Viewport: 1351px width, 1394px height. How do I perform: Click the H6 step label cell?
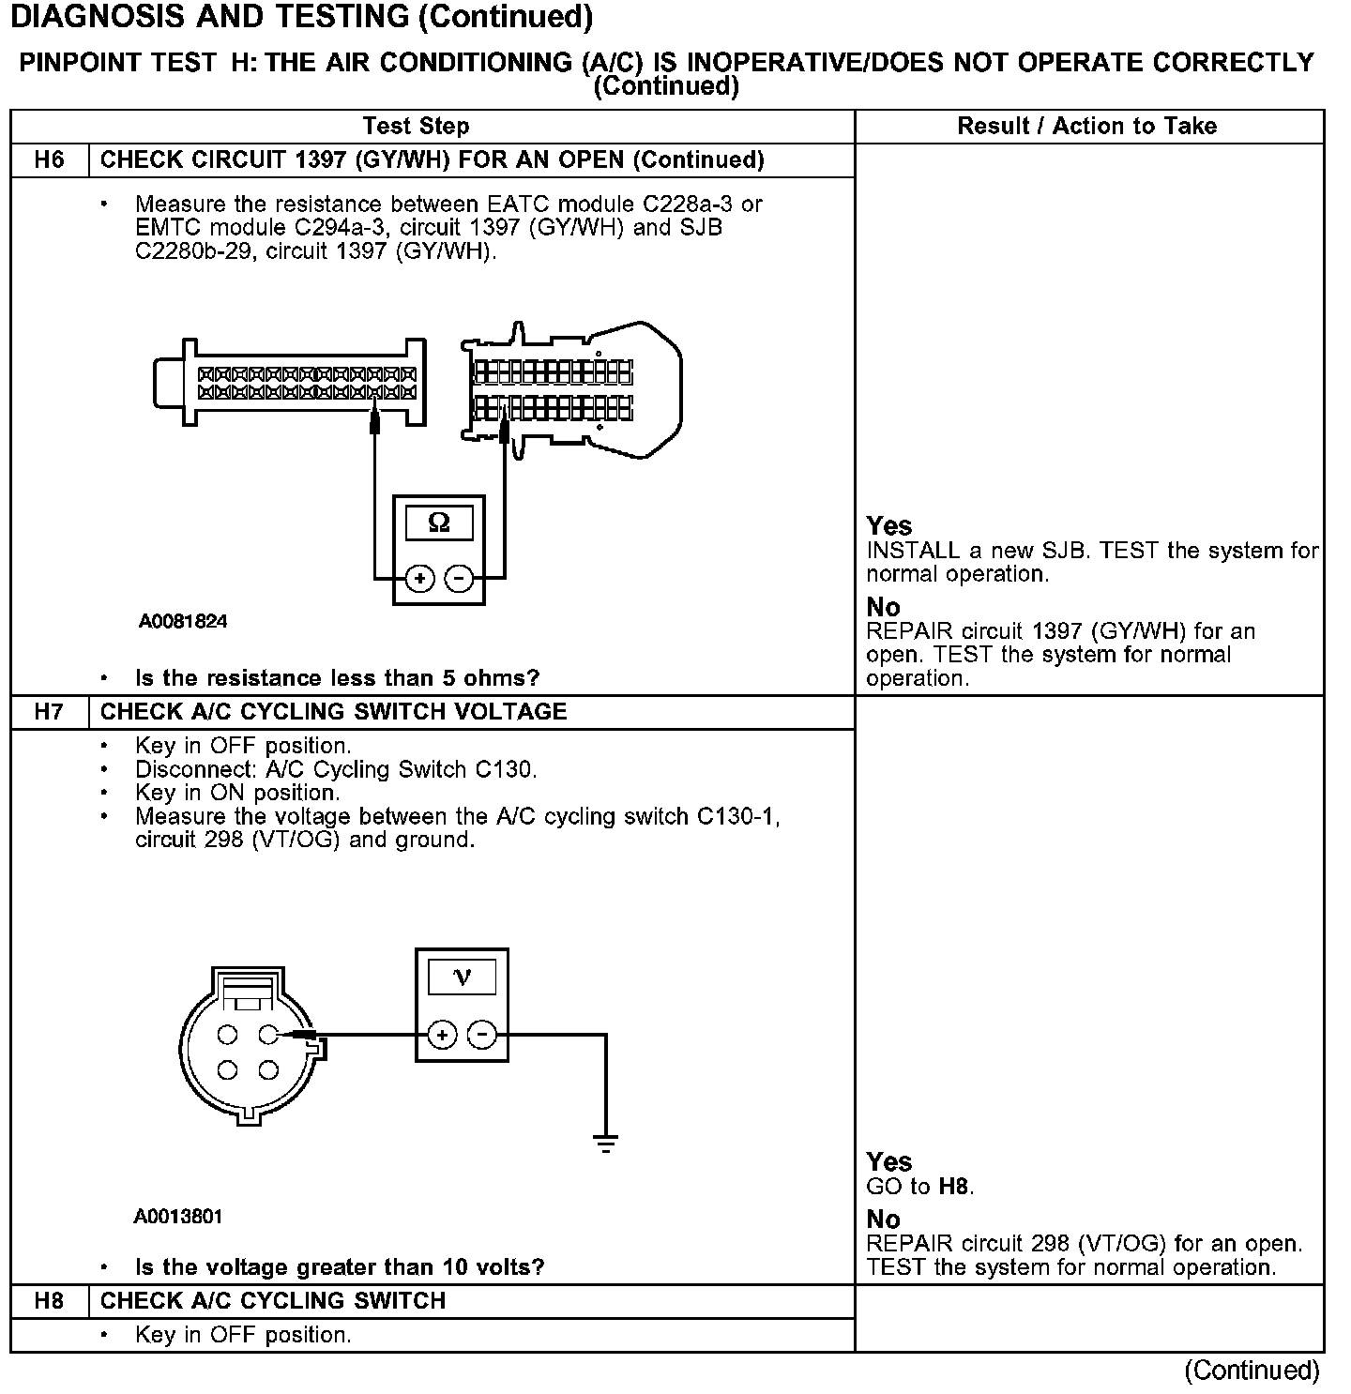click(x=49, y=160)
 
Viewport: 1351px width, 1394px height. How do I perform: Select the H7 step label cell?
click(x=49, y=712)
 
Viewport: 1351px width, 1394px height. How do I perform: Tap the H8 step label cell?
click(x=49, y=1301)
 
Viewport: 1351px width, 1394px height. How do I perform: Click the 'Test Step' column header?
click(x=416, y=127)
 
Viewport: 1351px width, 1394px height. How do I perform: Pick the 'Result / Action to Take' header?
click(x=1086, y=127)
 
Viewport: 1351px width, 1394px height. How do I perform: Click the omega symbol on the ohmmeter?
click(x=438, y=523)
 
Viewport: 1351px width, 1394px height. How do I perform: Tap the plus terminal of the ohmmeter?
click(x=419, y=579)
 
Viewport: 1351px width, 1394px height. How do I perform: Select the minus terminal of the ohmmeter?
click(x=459, y=579)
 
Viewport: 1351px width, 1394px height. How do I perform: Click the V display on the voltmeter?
click(x=462, y=977)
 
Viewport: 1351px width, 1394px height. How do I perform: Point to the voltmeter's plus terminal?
click(x=442, y=1036)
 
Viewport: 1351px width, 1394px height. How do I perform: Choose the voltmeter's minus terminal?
click(x=482, y=1036)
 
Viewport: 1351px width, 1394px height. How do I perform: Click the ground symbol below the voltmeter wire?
click(x=606, y=1144)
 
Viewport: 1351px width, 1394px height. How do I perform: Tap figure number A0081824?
click(x=183, y=622)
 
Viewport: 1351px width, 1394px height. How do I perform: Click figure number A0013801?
click(x=178, y=1217)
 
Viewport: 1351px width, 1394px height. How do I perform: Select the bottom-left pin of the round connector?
click(x=227, y=1070)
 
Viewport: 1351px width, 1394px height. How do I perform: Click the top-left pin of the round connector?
click(x=227, y=1036)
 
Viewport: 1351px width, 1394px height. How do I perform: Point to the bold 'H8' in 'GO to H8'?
click(x=953, y=1187)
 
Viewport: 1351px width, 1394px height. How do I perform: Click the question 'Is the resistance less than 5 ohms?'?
click(x=338, y=678)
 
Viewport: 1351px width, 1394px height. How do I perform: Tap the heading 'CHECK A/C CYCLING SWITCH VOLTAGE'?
click(x=333, y=712)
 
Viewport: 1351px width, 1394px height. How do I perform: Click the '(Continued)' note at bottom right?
click(x=1252, y=1371)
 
